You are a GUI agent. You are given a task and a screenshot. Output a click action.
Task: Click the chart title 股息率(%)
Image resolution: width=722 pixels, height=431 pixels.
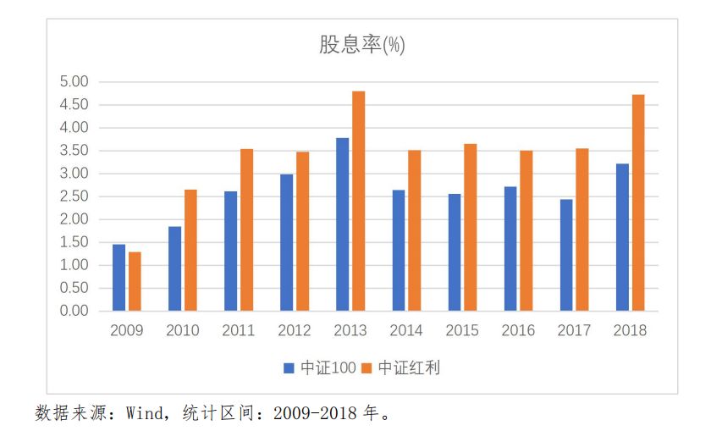pos(362,45)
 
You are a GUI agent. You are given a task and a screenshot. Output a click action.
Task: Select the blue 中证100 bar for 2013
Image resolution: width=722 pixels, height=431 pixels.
pos(343,224)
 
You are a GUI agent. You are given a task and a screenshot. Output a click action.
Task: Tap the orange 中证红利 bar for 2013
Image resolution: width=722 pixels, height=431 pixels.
pos(359,201)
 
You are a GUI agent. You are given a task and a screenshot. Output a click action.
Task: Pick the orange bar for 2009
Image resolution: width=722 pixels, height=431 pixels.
pos(135,281)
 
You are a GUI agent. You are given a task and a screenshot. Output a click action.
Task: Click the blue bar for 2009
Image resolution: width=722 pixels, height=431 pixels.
pos(118,278)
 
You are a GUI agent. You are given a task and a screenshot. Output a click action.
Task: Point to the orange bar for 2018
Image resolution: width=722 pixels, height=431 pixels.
pos(639,202)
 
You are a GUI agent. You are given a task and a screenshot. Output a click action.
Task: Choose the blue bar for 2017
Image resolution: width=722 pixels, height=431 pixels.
pos(566,255)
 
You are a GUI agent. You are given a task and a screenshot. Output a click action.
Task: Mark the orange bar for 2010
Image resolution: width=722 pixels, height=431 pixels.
pos(190,250)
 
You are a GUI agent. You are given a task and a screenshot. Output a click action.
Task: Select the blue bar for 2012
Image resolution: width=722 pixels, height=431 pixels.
pos(286,243)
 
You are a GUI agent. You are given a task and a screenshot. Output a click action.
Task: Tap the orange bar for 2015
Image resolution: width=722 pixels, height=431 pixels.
pos(471,228)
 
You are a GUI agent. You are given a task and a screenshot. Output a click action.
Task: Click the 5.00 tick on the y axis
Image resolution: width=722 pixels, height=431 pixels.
pos(74,82)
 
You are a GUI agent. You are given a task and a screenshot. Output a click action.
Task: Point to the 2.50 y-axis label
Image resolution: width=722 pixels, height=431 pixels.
pos(74,196)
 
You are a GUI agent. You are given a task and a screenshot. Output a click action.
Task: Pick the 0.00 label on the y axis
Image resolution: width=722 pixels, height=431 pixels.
pos(74,311)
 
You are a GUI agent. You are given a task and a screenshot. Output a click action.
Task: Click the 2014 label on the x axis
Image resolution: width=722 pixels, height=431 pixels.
pos(406,330)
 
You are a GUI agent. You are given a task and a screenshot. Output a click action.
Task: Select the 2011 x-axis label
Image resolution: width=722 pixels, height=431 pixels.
pos(239,330)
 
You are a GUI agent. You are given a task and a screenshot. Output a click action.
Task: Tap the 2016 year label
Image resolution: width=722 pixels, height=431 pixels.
pos(518,330)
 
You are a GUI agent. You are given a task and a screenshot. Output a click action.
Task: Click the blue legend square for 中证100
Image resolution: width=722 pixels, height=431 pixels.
pos(289,368)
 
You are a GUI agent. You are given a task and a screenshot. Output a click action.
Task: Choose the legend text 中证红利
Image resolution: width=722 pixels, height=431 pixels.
pos(409,367)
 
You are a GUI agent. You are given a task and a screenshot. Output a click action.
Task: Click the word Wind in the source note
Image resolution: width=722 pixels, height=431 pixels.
pos(145,413)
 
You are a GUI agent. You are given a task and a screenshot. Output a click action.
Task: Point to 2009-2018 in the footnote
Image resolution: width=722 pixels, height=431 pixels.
pos(315,413)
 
